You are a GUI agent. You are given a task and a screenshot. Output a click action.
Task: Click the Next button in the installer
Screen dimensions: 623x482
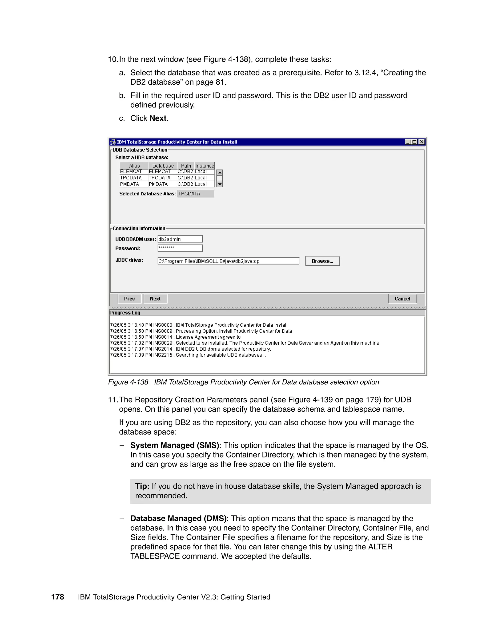[155, 298]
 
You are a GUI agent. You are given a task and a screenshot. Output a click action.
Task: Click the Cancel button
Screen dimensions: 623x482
[402, 298]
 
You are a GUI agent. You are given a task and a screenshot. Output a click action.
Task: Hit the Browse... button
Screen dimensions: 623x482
[322, 261]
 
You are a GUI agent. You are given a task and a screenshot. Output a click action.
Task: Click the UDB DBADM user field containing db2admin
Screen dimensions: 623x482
[180, 239]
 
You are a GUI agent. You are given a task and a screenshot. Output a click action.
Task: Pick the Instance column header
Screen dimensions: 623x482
[205, 166]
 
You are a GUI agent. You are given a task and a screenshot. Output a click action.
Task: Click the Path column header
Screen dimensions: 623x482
[186, 166]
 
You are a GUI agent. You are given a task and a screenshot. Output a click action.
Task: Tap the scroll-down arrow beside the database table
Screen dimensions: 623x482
[220, 184]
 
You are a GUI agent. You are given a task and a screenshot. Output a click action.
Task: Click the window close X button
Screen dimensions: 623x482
[422, 142]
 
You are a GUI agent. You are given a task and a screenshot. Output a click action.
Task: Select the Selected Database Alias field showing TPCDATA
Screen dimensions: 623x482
[196, 194]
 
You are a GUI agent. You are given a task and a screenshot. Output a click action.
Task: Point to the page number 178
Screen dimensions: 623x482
[57, 597]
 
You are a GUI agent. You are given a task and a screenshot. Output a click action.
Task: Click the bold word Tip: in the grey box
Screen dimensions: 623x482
[142, 486]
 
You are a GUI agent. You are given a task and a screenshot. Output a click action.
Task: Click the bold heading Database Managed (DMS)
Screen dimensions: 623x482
[178, 518]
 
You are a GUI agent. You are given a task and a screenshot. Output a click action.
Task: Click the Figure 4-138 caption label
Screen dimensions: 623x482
[128, 382]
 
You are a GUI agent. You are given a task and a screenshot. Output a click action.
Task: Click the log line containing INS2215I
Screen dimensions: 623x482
[188, 355]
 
